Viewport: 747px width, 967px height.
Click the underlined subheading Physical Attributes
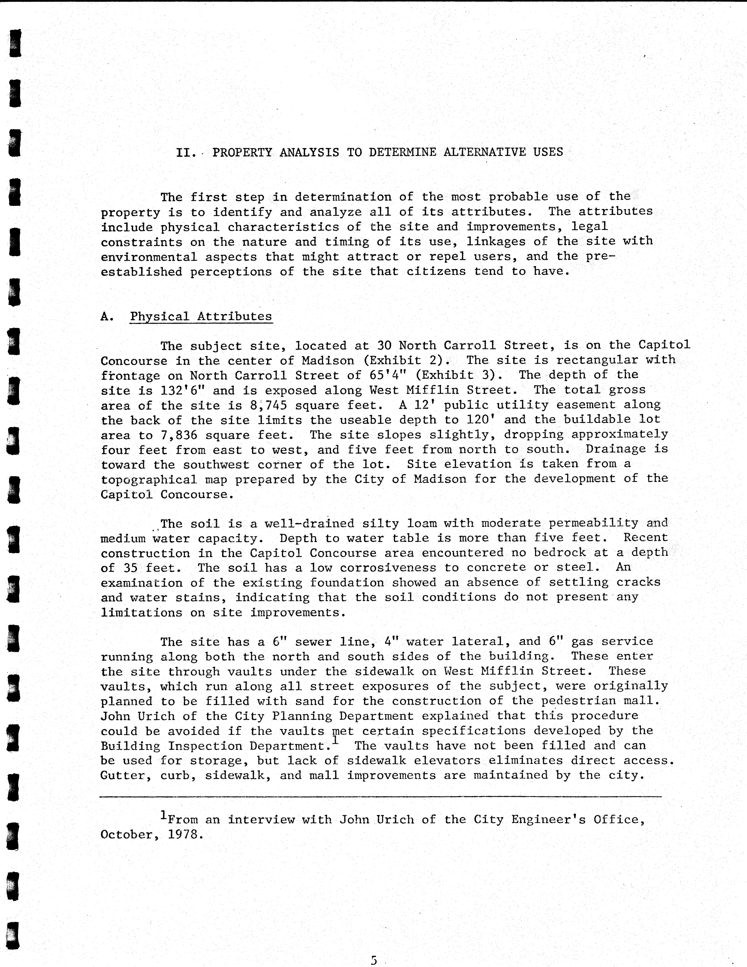click(x=201, y=317)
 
